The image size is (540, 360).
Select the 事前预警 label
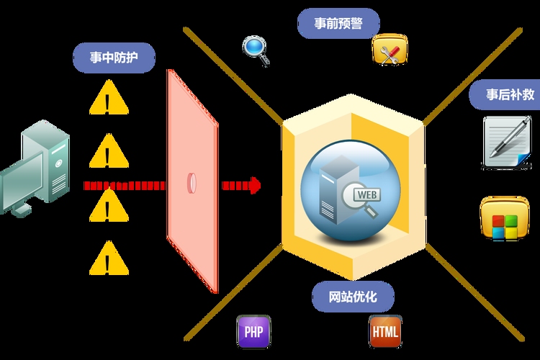(x=338, y=24)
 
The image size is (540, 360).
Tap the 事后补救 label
(x=508, y=94)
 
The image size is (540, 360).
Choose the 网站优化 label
(x=352, y=296)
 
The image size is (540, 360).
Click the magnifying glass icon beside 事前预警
(x=255, y=49)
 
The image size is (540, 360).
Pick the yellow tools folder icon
(x=390, y=50)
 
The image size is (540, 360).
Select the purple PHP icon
(x=253, y=332)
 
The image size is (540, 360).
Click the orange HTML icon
(x=384, y=332)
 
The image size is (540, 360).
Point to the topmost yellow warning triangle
(x=109, y=99)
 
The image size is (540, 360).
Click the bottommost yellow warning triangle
(x=109, y=259)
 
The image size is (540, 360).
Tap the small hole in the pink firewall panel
(x=192, y=183)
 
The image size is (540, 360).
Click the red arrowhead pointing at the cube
(x=253, y=185)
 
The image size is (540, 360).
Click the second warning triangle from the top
(x=109, y=152)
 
